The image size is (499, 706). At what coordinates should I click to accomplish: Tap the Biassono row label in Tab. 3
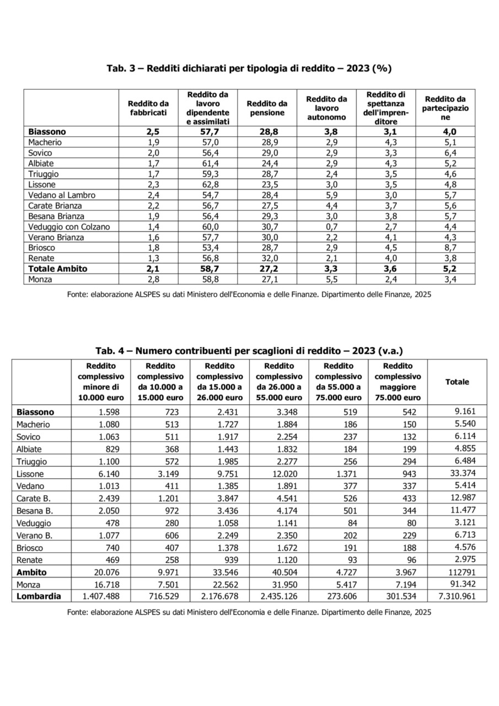tap(47, 132)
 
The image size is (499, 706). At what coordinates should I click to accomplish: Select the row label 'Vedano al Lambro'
tap(62, 195)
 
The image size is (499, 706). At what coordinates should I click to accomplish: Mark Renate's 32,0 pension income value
tap(267, 259)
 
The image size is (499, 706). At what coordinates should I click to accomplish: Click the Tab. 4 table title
tap(249, 351)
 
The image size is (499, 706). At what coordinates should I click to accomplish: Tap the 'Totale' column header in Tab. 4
tap(457, 382)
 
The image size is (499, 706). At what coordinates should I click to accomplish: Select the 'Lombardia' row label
tap(39, 596)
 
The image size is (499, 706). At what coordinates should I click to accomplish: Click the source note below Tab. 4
tap(249, 612)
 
